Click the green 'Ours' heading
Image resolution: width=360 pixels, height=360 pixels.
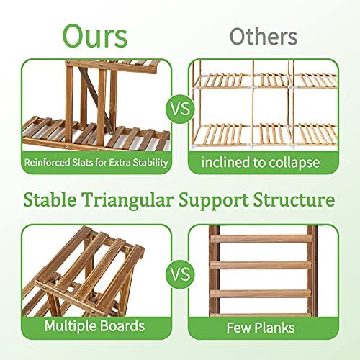(x=95, y=36)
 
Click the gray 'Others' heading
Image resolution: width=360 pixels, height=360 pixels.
(x=264, y=37)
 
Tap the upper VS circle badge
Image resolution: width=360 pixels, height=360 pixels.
(x=181, y=109)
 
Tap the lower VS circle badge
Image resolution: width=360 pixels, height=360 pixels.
(x=181, y=274)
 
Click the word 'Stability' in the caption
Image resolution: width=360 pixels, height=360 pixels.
(x=150, y=163)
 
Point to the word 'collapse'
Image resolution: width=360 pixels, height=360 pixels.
(x=294, y=163)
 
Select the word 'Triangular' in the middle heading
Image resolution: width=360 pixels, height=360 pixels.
(x=127, y=200)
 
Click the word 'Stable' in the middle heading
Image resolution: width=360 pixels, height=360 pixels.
(x=50, y=199)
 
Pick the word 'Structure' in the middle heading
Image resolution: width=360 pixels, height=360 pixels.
(x=294, y=199)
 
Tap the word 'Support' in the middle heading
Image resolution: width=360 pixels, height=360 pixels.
(x=214, y=201)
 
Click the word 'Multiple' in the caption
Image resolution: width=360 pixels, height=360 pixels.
(x=68, y=326)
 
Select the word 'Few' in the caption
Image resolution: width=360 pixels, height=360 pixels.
(x=238, y=328)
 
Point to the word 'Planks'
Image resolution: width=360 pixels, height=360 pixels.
(x=274, y=328)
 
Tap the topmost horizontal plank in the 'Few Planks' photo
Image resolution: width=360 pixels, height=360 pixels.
(x=261, y=239)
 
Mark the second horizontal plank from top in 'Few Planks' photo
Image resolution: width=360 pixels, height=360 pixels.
(x=261, y=265)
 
